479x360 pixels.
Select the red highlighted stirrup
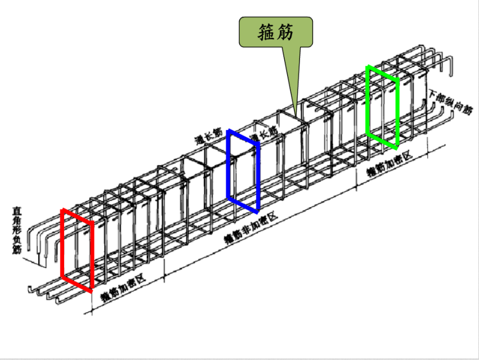[77, 250]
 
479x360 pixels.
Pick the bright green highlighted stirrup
[383, 107]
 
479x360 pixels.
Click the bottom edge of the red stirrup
[77, 284]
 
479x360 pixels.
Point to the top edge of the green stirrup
[383, 74]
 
